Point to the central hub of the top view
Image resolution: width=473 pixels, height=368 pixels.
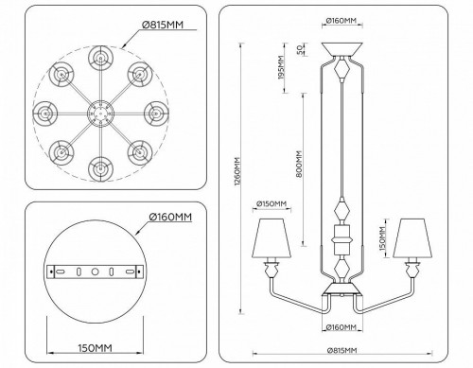pyautogui.click(x=98, y=113)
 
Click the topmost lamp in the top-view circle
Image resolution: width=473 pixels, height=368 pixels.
pyautogui.click(x=98, y=58)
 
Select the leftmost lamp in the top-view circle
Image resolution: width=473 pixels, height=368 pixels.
pyautogui.click(x=44, y=113)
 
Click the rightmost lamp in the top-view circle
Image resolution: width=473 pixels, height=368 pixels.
pyautogui.click(x=153, y=113)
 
